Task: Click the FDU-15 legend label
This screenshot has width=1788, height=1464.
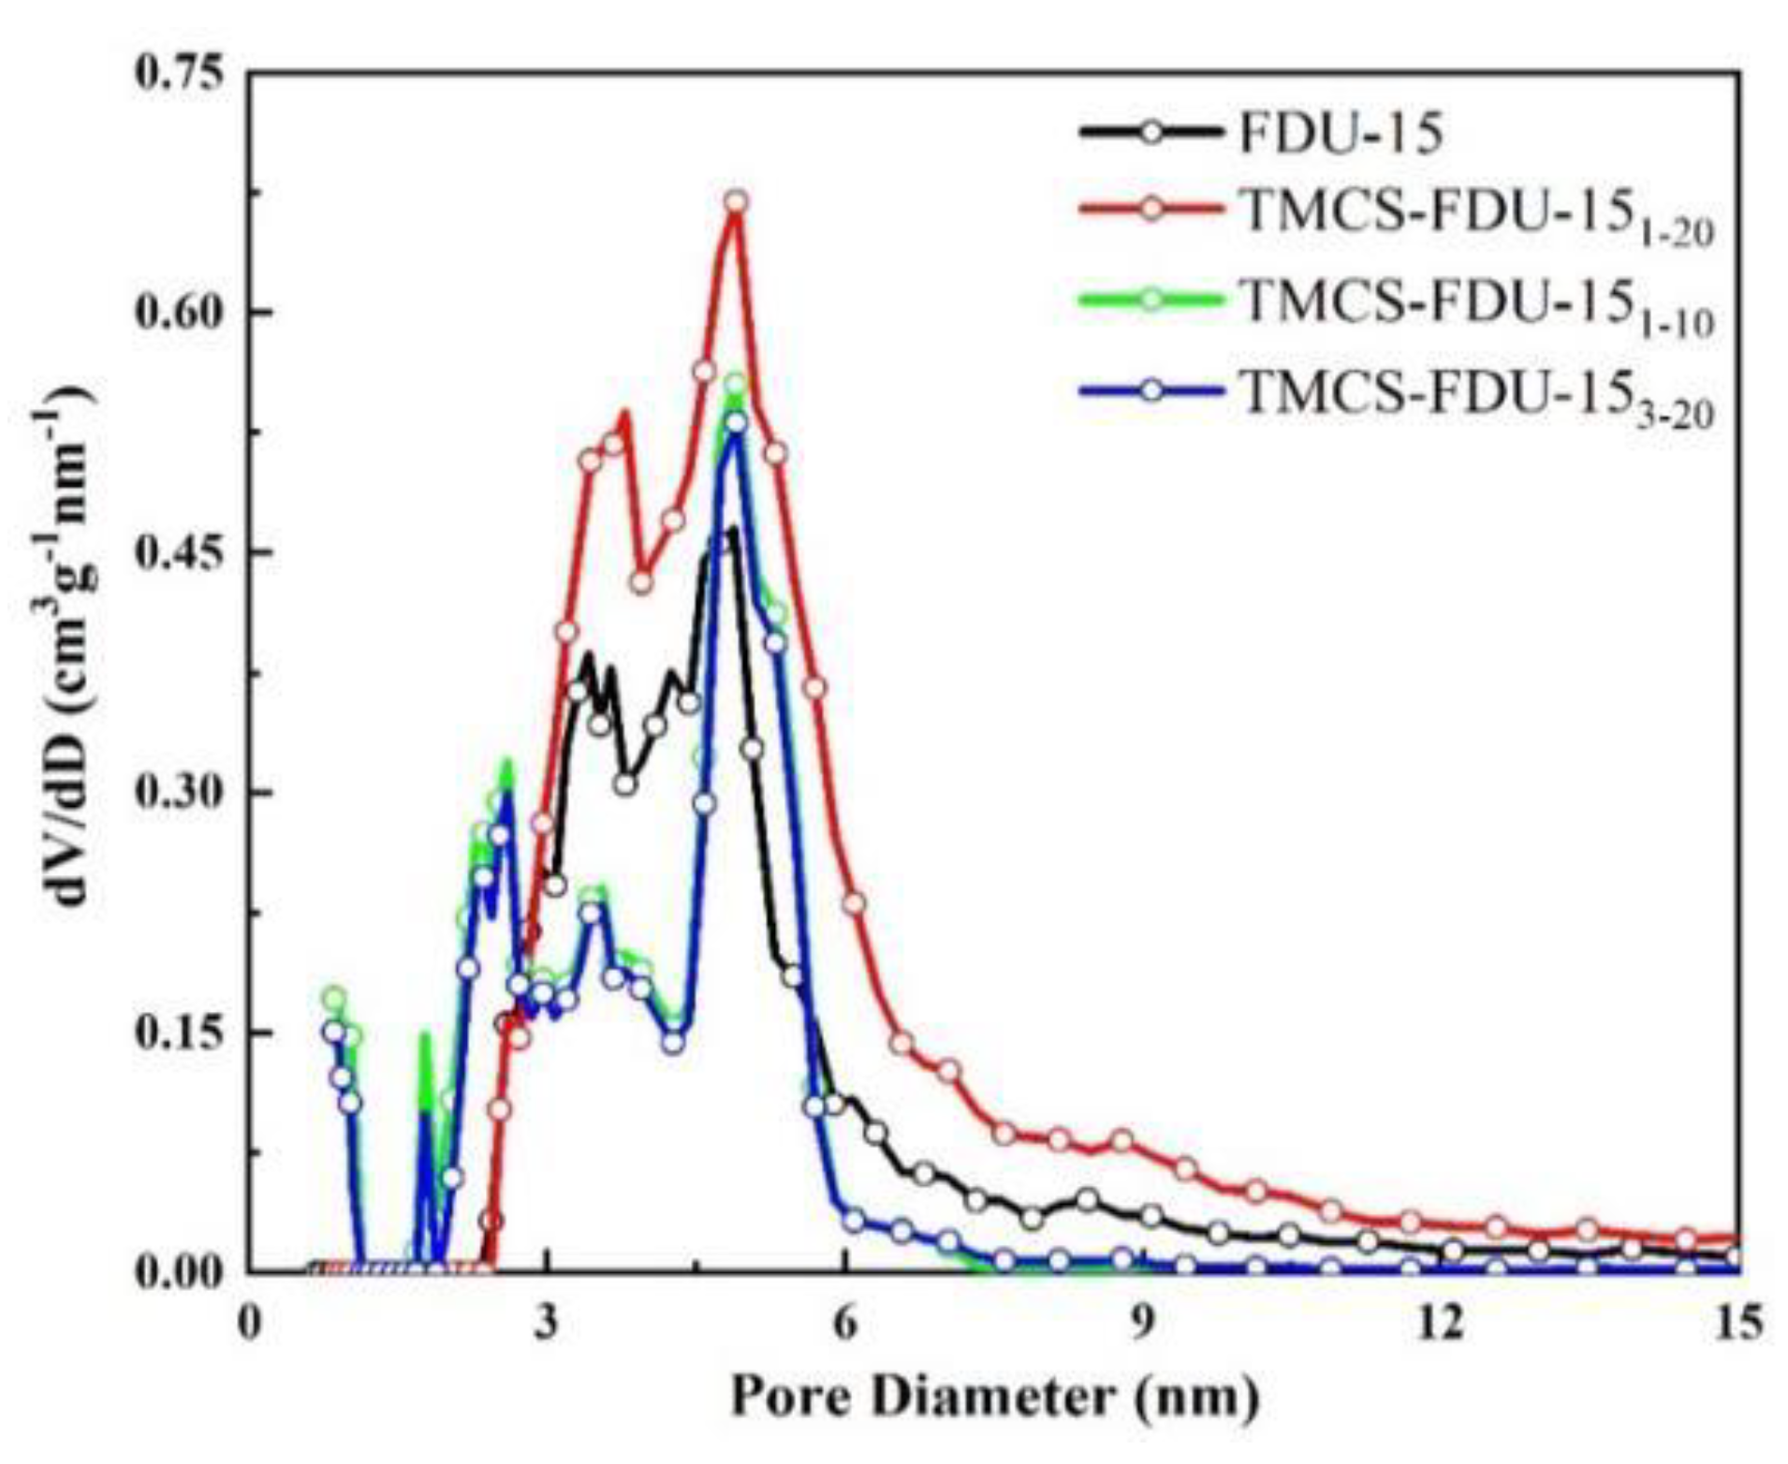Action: (1341, 134)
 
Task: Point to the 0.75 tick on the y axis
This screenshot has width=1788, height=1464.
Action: (182, 73)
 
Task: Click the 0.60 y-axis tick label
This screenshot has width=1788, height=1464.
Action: (182, 312)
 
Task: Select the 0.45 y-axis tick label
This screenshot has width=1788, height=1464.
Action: (182, 552)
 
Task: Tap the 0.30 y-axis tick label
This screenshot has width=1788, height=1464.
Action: (182, 792)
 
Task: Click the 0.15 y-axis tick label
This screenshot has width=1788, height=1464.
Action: (182, 1032)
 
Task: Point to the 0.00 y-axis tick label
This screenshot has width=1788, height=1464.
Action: (182, 1271)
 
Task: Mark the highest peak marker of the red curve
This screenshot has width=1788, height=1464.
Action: (736, 202)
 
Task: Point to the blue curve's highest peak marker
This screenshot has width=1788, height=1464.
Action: (736, 422)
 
